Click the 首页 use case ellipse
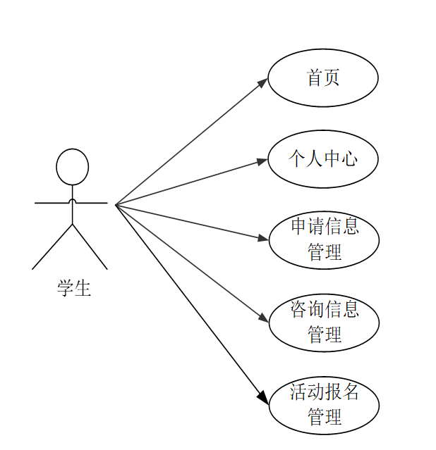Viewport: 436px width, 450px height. click(323, 77)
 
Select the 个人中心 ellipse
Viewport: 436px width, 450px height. click(323, 159)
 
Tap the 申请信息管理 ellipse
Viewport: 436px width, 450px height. click(324, 240)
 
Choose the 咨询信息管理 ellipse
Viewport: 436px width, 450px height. click(324, 322)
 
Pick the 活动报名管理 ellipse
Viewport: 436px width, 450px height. click(324, 405)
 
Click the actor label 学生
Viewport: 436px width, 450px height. click(74, 287)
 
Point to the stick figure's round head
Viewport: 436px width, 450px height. click(73, 167)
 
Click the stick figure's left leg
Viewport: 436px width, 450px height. click(52, 246)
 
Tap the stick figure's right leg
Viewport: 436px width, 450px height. click(90, 246)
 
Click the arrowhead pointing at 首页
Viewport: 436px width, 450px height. click(262, 82)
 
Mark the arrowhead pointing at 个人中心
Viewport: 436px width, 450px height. click(262, 161)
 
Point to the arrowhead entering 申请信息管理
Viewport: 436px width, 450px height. click(263, 239)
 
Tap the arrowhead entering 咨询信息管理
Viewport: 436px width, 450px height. click(263, 318)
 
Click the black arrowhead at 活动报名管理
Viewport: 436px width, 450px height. click(262, 398)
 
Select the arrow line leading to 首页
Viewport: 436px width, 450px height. click(190, 143)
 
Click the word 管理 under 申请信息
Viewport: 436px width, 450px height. click(325, 252)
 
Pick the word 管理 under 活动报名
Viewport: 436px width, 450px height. click(325, 416)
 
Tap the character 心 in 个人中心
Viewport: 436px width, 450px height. click(349, 159)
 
